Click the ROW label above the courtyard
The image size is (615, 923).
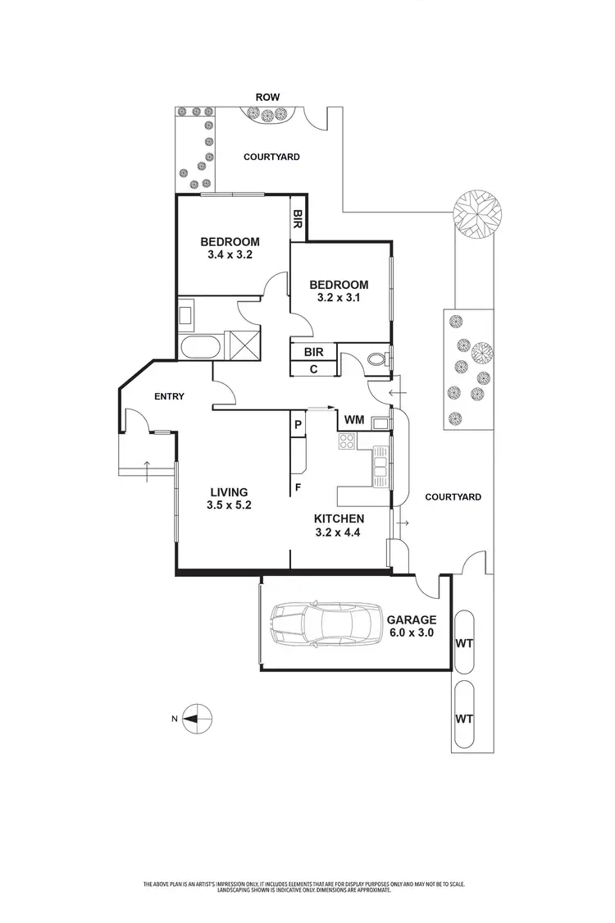click(x=267, y=97)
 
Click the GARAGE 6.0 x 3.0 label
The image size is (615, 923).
click(x=412, y=627)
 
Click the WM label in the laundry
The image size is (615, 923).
click(x=353, y=420)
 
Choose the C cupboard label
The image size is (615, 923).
click(x=313, y=369)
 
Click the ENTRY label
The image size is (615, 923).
click(x=169, y=396)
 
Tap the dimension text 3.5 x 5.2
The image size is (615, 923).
click(x=229, y=505)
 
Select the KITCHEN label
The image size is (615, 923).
click(x=339, y=519)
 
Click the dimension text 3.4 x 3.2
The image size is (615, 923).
click(x=230, y=255)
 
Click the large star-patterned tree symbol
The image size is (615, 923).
click(x=476, y=213)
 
